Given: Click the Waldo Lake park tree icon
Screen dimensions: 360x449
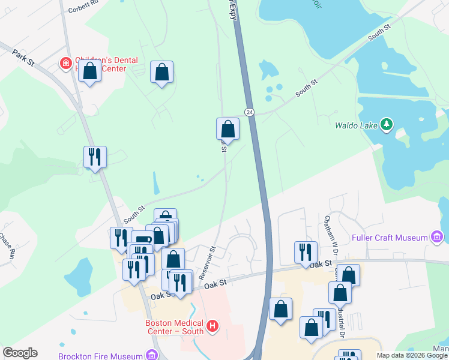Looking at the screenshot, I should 387,125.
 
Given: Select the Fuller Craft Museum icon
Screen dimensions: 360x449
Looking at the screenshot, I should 437,238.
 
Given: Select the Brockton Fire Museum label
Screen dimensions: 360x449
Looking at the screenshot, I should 100,356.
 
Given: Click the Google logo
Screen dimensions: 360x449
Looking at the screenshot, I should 20,353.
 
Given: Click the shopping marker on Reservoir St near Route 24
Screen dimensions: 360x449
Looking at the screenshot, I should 228,129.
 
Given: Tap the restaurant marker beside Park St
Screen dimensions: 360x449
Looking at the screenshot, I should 95,157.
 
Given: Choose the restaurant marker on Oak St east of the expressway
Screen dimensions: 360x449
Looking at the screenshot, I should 306,252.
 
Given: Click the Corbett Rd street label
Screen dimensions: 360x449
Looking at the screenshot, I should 83,8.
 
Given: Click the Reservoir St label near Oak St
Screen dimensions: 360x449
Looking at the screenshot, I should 207,262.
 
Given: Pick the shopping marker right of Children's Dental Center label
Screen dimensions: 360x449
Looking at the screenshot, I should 161,73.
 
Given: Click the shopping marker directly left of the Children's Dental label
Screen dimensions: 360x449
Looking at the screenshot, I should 89,71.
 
